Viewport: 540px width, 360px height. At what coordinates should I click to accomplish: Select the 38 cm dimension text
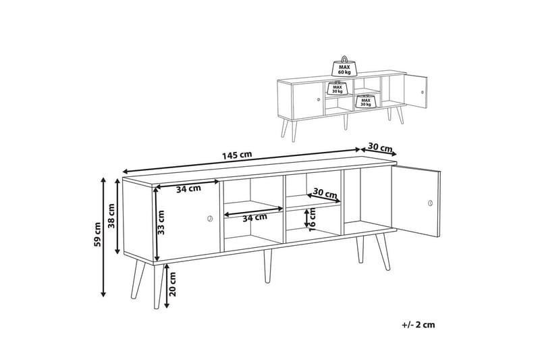coord(112,214)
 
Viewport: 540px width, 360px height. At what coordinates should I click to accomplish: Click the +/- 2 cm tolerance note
coord(418,324)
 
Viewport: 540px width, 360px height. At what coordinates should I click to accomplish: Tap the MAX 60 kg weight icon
coord(344,67)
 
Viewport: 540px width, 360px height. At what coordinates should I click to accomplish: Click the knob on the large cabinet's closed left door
coord(209,218)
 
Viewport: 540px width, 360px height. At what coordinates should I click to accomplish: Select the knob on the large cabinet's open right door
coord(429,202)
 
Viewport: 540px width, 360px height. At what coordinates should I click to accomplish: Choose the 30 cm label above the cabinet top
coord(381,148)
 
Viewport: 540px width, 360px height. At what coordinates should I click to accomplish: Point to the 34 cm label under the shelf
coord(254,217)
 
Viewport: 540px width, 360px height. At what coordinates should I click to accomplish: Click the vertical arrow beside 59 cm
coord(103,236)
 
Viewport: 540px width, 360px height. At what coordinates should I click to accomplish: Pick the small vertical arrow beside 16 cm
coord(306,217)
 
